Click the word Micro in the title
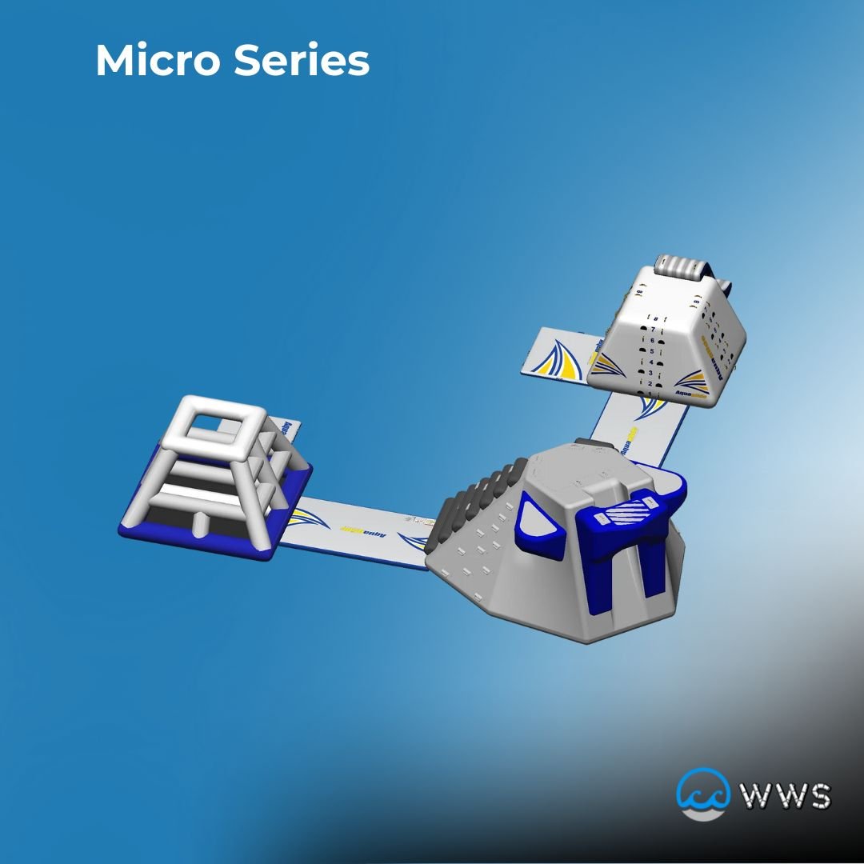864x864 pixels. (x=158, y=61)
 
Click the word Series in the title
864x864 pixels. (x=302, y=61)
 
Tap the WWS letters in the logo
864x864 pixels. (x=785, y=796)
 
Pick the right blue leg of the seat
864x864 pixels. (x=652, y=569)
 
